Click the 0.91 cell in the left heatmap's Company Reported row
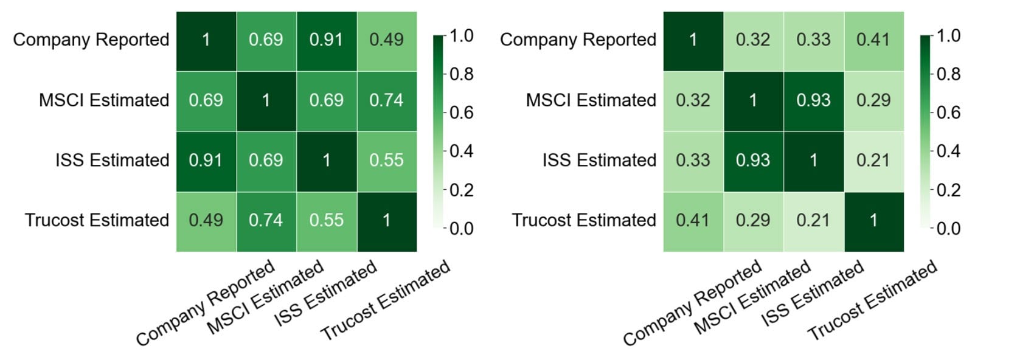coord(327,40)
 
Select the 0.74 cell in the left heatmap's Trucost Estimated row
coord(266,221)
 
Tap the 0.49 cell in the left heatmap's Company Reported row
coord(386,40)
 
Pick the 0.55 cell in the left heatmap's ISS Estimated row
coord(386,161)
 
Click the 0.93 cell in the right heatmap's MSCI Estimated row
coord(813,100)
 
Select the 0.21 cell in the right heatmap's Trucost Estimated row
coord(813,221)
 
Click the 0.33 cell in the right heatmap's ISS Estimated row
coord(693,161)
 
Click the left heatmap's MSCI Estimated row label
coord(104,100)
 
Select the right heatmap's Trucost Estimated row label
coord(584,221)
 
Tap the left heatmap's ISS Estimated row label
coord(113,161)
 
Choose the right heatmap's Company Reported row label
coord(578,40)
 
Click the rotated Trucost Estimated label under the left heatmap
coord(386,299)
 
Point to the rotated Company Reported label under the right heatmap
coord(693,302)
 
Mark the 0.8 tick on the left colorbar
coord(461,74)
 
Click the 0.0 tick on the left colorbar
coord(461,229)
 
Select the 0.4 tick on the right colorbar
coord(948,151)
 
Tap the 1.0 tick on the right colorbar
coord(948,36)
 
